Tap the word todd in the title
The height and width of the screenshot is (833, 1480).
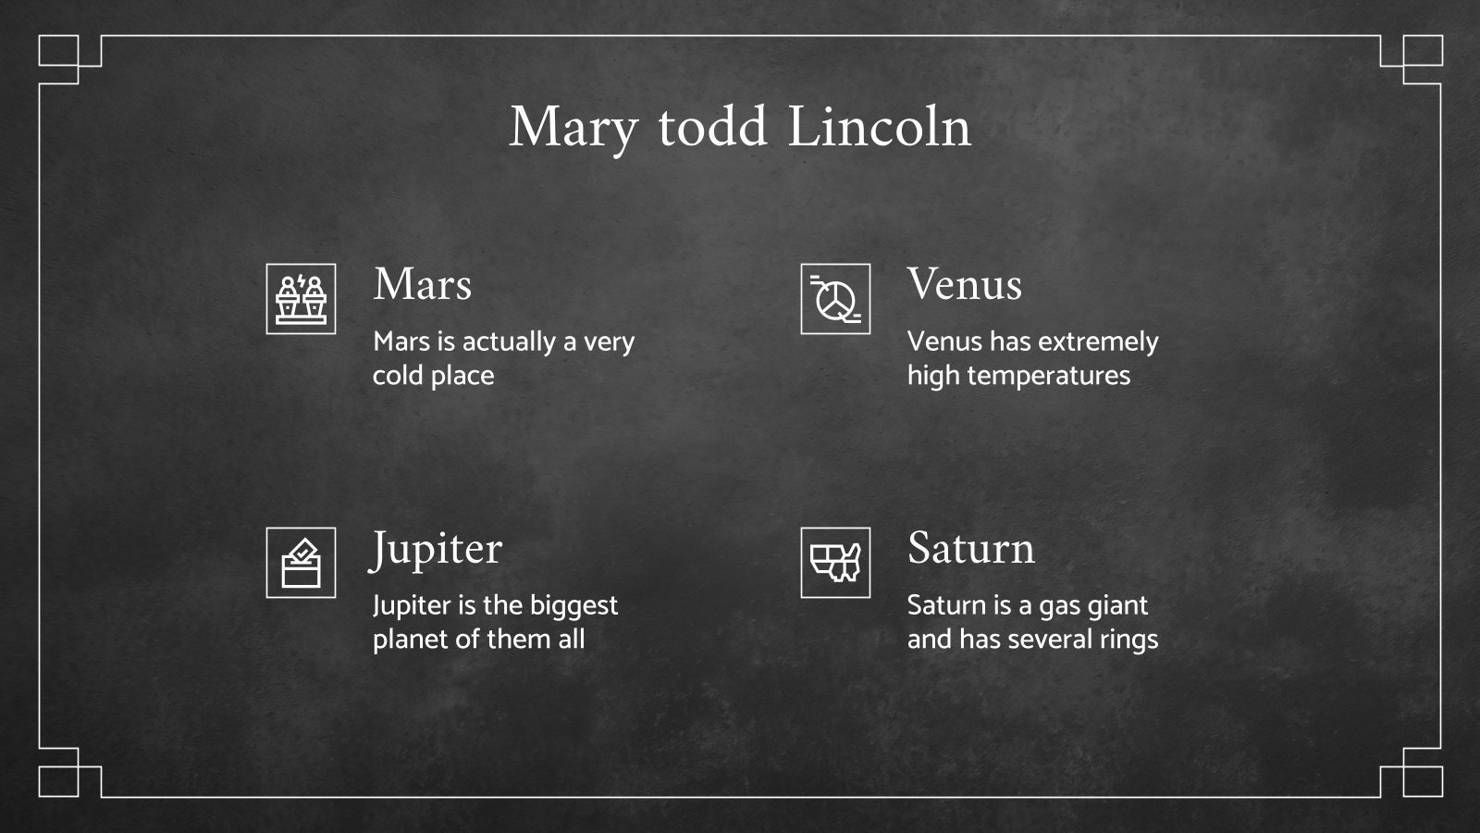click(x=712, y=128)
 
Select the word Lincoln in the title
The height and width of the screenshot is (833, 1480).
click(x=879, y=128)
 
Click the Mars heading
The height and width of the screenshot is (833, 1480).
click(x=423, y=284)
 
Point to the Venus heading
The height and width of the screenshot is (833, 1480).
click(x=964, y=284)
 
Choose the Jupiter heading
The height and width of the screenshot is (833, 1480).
click(x=437, y=549)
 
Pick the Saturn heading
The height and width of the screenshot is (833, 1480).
click(x=970, y=548)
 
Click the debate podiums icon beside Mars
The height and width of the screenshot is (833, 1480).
click(x=301, y=299)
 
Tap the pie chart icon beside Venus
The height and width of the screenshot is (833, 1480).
click(x=835, y=299)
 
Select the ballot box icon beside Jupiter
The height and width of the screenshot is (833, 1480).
click(x=301, y=563)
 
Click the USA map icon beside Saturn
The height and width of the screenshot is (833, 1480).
click(x=835, y=563)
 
